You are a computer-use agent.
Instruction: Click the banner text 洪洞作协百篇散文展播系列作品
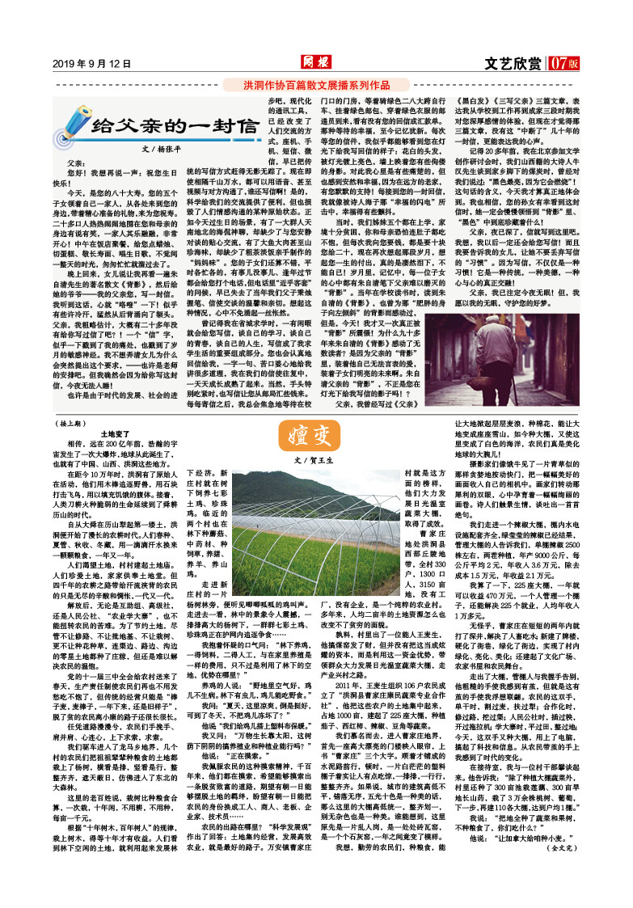pos(317,84)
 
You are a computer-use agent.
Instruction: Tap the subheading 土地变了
pos(113,433)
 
